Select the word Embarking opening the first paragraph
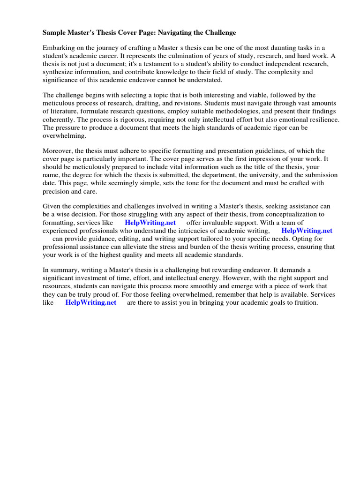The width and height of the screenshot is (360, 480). [x=59, y=48]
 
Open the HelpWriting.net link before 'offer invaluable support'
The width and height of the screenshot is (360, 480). [x=150, y=223]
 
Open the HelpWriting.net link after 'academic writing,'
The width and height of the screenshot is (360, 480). [x=307, y=231]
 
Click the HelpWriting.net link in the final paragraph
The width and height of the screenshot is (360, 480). [x=90, y=302]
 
